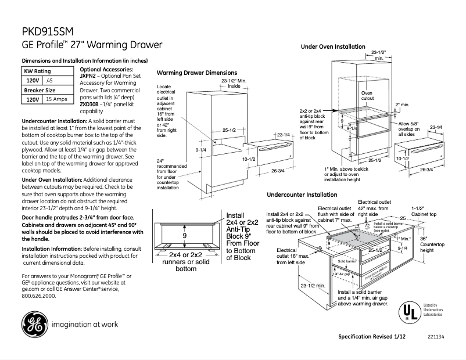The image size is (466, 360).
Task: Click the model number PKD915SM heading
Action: [48, 32]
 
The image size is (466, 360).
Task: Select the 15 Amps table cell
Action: [57, 100]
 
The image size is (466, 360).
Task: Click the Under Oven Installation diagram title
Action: [333, 46]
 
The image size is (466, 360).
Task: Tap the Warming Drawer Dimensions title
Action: [197, 73]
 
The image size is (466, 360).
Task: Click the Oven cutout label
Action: [367, 96]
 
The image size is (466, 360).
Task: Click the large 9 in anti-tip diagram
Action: [184, 236]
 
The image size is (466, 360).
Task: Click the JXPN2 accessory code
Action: [87, 75]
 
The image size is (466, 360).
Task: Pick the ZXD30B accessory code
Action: [88, 104]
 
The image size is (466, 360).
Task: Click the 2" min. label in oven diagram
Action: [402, 105]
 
